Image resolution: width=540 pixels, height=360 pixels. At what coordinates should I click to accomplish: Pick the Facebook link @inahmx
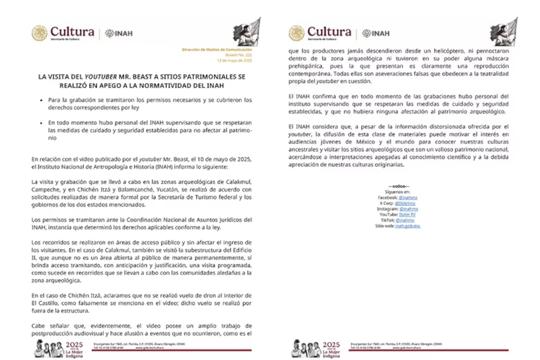[408, 198]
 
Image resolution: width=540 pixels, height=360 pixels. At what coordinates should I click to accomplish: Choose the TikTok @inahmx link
[405, 220]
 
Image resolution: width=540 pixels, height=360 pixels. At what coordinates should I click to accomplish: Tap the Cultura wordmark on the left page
[72, 32]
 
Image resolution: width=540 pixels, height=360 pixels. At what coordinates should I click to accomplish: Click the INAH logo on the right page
[376, 33]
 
